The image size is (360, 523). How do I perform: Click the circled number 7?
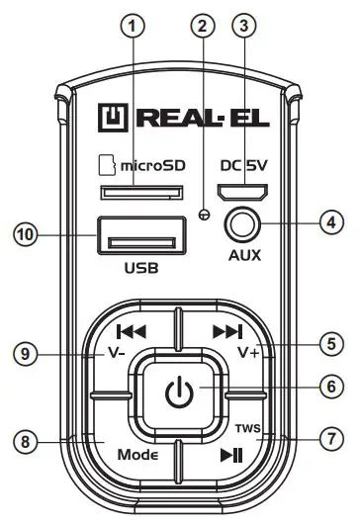pos(333,436)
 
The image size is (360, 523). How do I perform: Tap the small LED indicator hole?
pos(203,214)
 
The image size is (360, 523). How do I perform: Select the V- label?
pos(116,354)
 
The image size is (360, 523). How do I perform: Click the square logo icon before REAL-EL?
pos(111,119)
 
